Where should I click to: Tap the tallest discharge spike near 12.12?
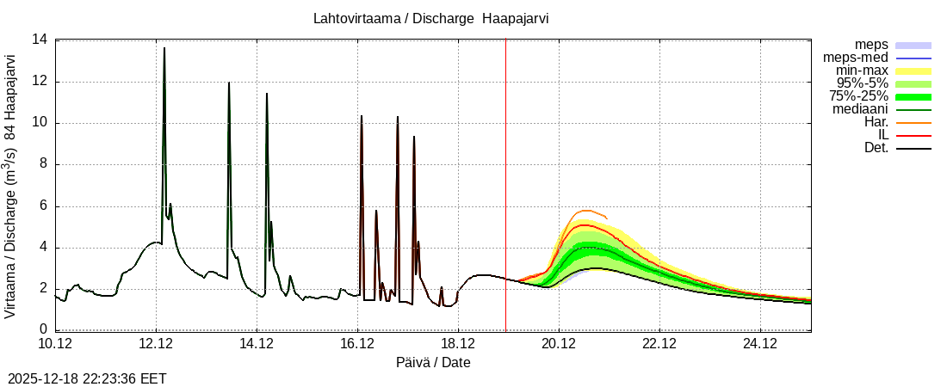pyautogui.click(x=164, y=48)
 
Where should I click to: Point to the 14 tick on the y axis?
pyautogui.click(x=40, y=40)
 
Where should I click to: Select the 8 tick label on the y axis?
pyautogui.click(x=43, y=164)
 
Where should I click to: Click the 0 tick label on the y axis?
pyautogui.click(x=43, y=330)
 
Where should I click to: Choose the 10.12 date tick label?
pyautogui.click(x=55, y=344)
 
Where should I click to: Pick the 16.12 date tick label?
pyautogui.click(x=357, y=344)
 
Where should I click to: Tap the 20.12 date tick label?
pyautogui.click(x=559, y=344)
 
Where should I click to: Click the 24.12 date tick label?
pyautogui.click(x=760, y=344)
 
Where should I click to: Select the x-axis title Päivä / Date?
pyautogui.click(x=433, y=363)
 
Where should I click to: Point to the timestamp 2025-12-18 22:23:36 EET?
pyautogui.click(x=87, y=378)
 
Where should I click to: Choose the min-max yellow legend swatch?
pyautogui.click(x=913, y=71)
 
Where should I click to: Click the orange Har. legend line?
pyautogui.click(x=913, y=122)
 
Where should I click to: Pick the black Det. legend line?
pyautogui.click(x=913, y=148)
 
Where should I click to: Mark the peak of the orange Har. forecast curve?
pyautogui.click(x=585, y=210)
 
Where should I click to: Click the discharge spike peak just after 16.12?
pyautogui.click(x=362, y=115)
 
